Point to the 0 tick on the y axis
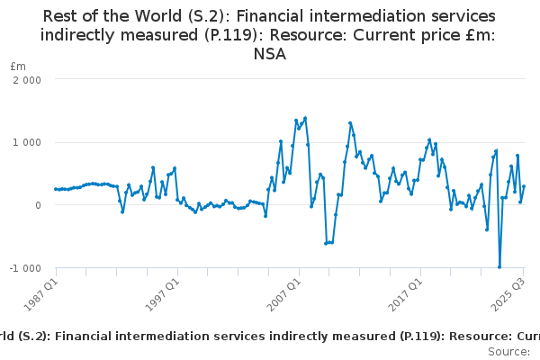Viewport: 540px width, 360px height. tap(38, 205)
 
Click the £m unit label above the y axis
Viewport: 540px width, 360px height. tap(18, 67)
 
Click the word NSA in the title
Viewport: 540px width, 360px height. tap(270, 55)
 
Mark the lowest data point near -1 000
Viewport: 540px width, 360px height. tap(499, 266)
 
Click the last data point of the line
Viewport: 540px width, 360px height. tap(524, 187)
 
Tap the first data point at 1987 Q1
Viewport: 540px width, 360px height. tap(56, 189)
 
